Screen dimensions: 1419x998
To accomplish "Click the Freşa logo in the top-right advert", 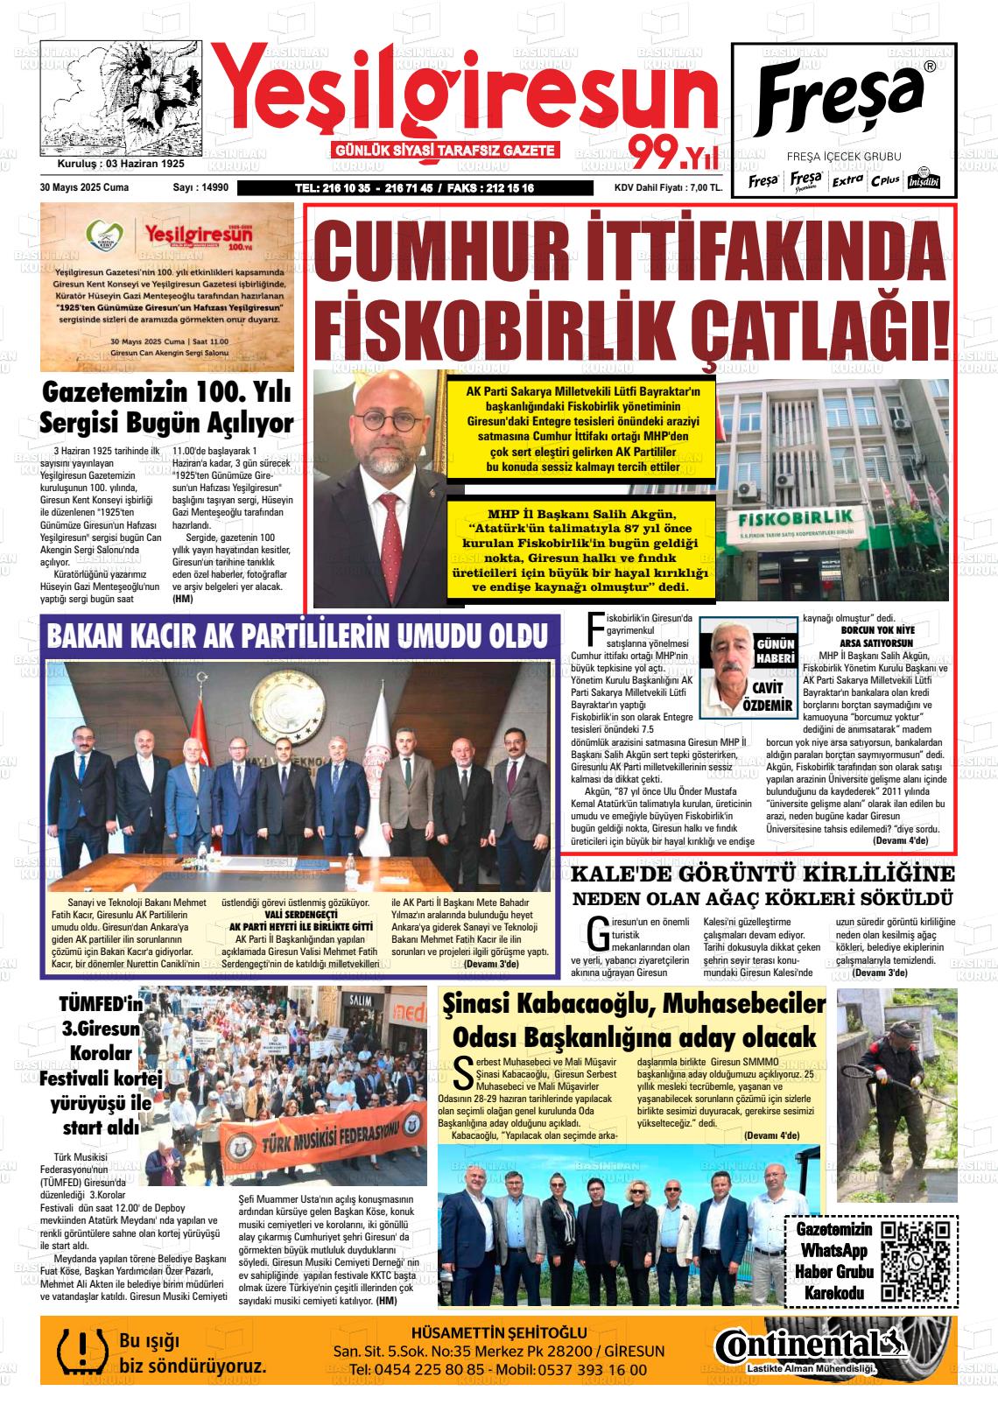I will [x=840, y=94].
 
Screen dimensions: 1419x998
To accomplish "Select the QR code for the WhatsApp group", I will [x=915, y=1258].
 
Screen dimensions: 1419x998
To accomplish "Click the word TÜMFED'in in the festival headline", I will [x=101, y=1003].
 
